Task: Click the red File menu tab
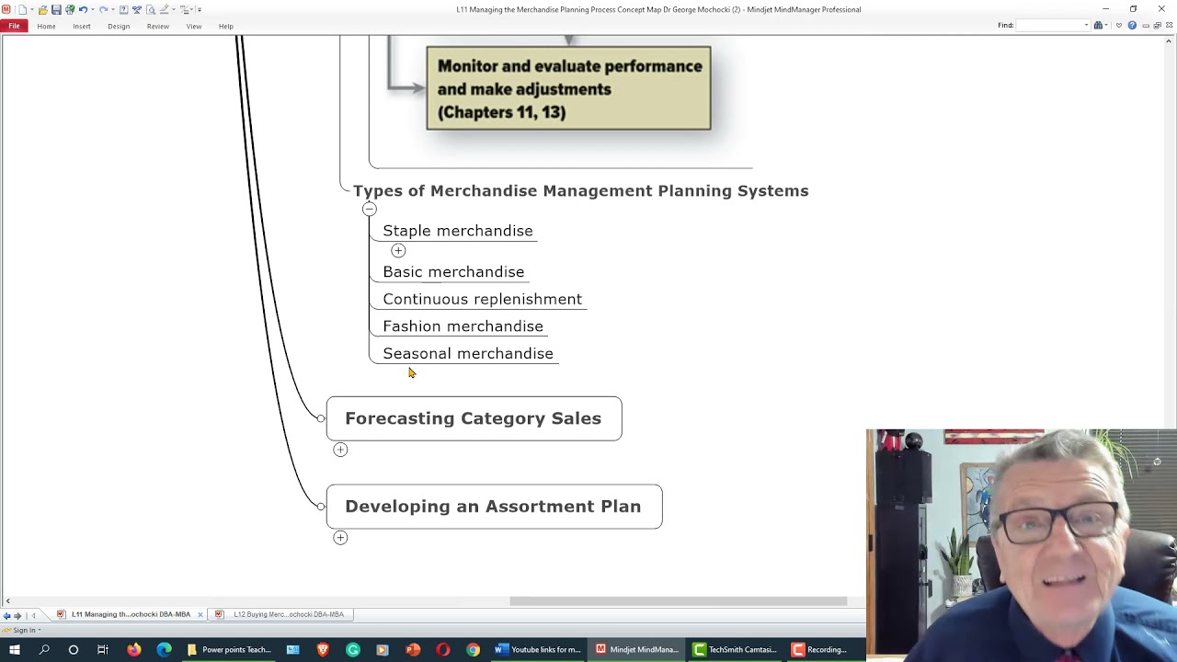(x=14, y=26)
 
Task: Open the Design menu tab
(x=119, y=26)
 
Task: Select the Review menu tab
(x=157, y=26)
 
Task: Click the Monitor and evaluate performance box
(x=568, y=88)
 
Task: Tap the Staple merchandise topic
(x=457, y=231)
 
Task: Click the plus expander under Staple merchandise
(x=398, y=250)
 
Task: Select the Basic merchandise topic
(x=453, y=272)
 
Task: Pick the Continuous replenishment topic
(x=482, y=299)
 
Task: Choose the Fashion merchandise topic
(x=463, y=326)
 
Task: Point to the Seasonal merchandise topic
(x=468, y=354)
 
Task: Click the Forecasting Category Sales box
(x=474, y=418)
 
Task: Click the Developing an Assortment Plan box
(x=494, y=507)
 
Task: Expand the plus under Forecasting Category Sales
(x=340, y=450)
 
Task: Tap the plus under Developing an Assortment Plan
(x=340, y=538)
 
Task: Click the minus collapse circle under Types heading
(x=369, y=209)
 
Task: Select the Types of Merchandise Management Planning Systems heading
(x=580, y=191)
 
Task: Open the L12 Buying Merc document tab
(x=288, y=614)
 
